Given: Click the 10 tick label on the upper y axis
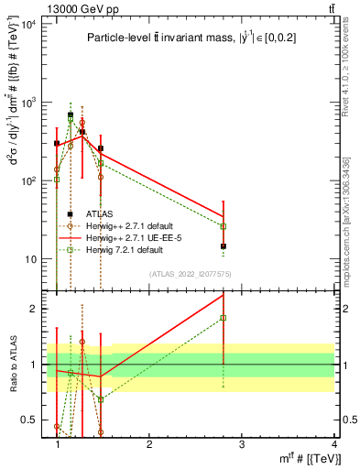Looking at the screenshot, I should tap(29, 259).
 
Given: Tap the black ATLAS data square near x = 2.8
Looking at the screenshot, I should tap(224, 246).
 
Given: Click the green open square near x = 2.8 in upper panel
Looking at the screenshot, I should tap(224, 225).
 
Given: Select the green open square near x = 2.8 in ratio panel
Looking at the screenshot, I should tap(224, 318).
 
